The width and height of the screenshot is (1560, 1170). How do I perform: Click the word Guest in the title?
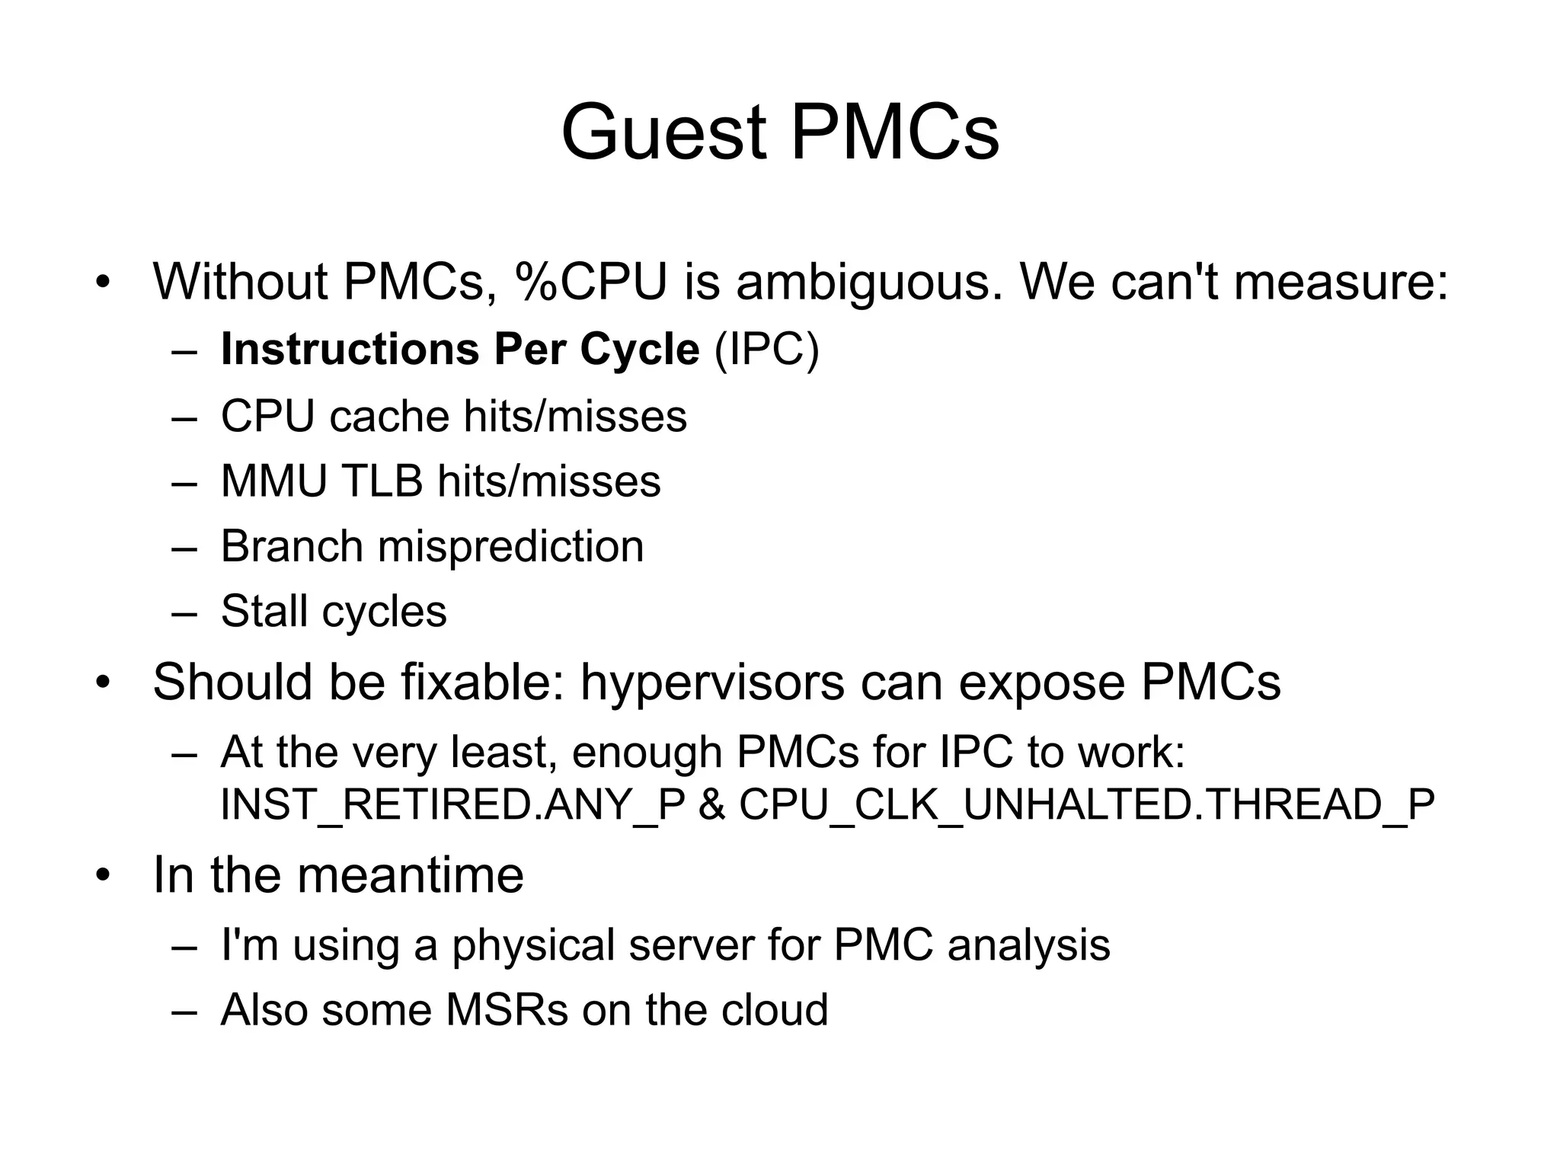click(x=663, y=133)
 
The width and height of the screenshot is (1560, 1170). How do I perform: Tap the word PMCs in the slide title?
click(x=894, y=133)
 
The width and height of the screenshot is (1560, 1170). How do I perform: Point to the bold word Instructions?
click(x=350, y=350)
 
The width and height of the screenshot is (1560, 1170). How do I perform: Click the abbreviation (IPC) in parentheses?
click(x=766, y=350)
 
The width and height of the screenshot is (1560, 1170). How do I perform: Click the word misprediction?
click(x=510, y=547)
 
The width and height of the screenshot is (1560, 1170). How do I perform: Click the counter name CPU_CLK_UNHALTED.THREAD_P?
click(x=1087, y=804)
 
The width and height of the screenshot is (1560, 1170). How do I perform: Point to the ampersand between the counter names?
click(x=711, y=804)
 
